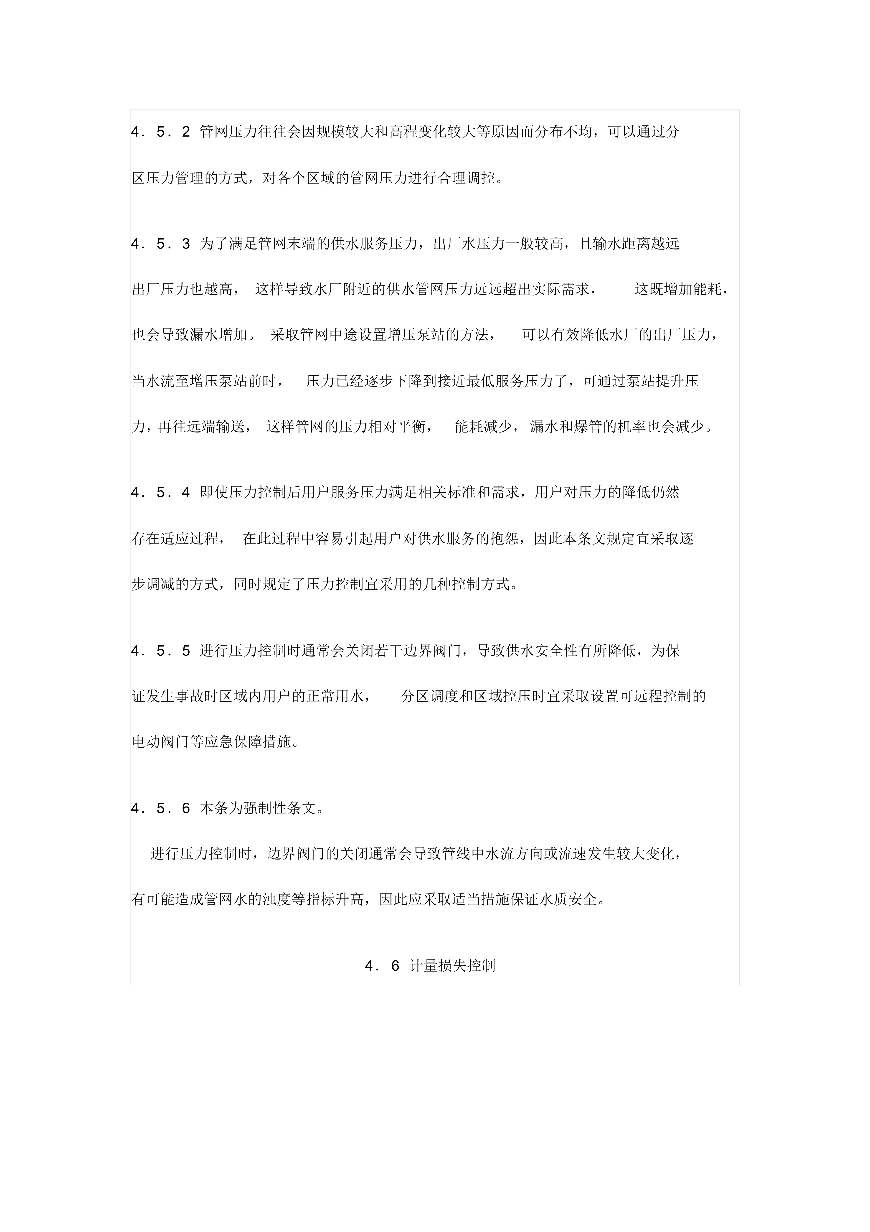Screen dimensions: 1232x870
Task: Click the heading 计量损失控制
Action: click(x=452, y=966)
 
